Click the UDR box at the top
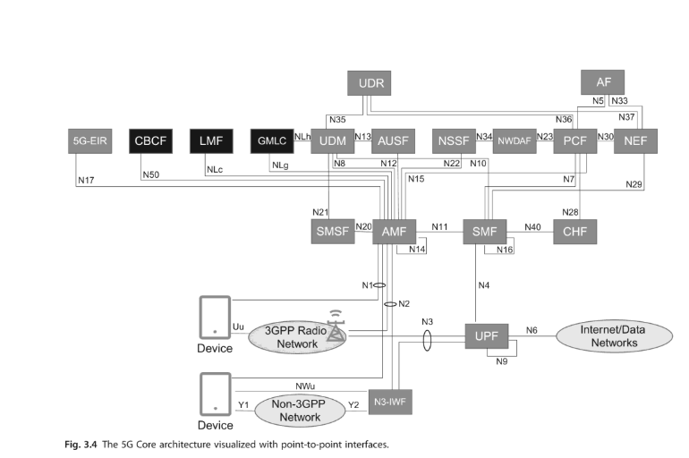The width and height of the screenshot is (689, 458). click(370, 83)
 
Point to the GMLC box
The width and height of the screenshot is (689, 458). click(271, 140)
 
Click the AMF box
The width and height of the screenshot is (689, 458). click(395, 231)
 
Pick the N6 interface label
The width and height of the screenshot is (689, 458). click(531, 330)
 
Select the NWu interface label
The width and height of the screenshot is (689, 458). click(304, 386)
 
